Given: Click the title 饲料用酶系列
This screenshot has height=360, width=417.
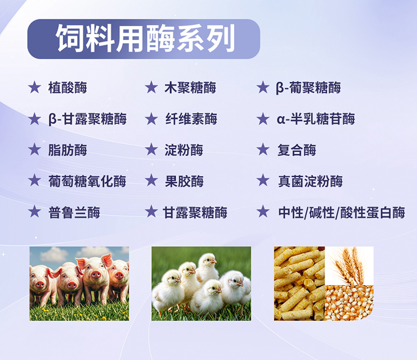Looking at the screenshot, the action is coord(145,38).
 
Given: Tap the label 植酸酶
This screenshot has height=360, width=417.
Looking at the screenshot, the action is coord(67,88).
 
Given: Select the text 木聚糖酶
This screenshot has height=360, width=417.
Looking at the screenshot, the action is coord(190,88).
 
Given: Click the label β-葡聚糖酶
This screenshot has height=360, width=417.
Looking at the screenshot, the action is coord(308,88).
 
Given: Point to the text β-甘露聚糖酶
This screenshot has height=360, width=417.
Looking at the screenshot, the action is coord(87,119).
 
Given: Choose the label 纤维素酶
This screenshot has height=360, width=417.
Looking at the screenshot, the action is coord(191,119).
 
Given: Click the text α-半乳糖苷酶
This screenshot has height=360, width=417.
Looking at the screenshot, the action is coord(316,119).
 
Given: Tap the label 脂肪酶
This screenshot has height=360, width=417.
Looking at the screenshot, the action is coord(67,150).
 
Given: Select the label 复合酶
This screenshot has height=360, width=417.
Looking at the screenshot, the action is coord(297,150).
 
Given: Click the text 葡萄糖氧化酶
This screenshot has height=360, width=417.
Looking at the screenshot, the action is coord(87,181).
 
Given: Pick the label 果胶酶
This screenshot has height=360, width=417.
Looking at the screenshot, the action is coord(184,181).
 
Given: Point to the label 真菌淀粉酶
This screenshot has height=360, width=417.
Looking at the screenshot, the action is coord(310,181).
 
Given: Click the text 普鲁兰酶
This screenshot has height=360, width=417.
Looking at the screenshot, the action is coord(74,213).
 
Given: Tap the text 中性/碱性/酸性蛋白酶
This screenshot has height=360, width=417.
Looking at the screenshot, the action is coord(341,213).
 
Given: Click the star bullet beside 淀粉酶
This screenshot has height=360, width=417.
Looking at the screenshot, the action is coord(151,149).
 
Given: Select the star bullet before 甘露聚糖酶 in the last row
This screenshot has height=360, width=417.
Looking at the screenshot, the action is coord(151,212).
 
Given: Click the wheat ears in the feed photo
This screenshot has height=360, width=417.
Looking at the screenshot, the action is coord(349,265).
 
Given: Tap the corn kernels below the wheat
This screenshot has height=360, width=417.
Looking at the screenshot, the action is coord(349,302).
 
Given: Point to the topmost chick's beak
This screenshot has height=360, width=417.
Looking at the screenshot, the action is coord(214,262).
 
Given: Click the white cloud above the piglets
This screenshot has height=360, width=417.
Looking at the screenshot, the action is coord(54,254).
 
